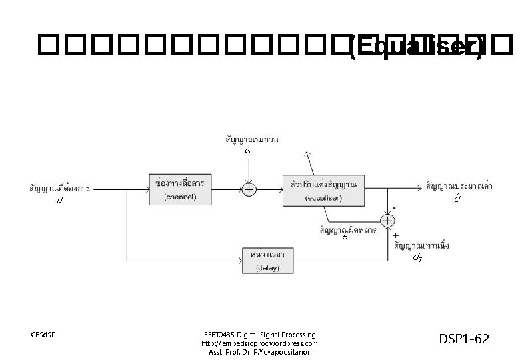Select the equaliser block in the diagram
(x=323, y=189)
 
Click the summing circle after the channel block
(x=249, y=189)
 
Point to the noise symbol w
(x=248, y=153)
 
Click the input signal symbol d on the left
(x=60, y=200)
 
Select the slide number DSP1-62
(x=465, y=339)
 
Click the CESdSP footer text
(x=44, y=334)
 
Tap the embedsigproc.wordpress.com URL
(x=259, y=343)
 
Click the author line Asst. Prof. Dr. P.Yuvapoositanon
(x=259, y=352)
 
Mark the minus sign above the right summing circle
(x=394, y=208)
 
